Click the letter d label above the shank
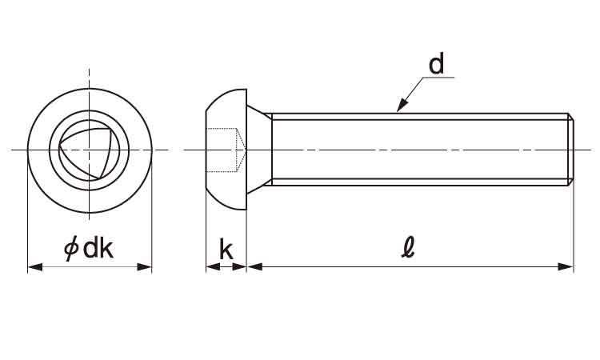pos(436,64)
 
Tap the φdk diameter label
pos(89,248)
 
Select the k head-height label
pos(226,249)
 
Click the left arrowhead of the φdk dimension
pos(35,267)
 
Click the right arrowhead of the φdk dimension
pos(145,267)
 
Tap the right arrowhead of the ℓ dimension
pos(566,266)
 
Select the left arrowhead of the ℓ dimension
pos(254,266)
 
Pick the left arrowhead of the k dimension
pos(213,266)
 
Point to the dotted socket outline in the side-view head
pos(226,150)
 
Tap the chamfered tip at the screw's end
pos(570,150)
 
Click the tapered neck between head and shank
pos(259,150)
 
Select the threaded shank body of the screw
pos(420,150)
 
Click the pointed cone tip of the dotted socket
pos(245,150)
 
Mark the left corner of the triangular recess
pos(59,145)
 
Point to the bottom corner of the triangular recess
pos(98,178)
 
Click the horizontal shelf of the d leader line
pos(438,78)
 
